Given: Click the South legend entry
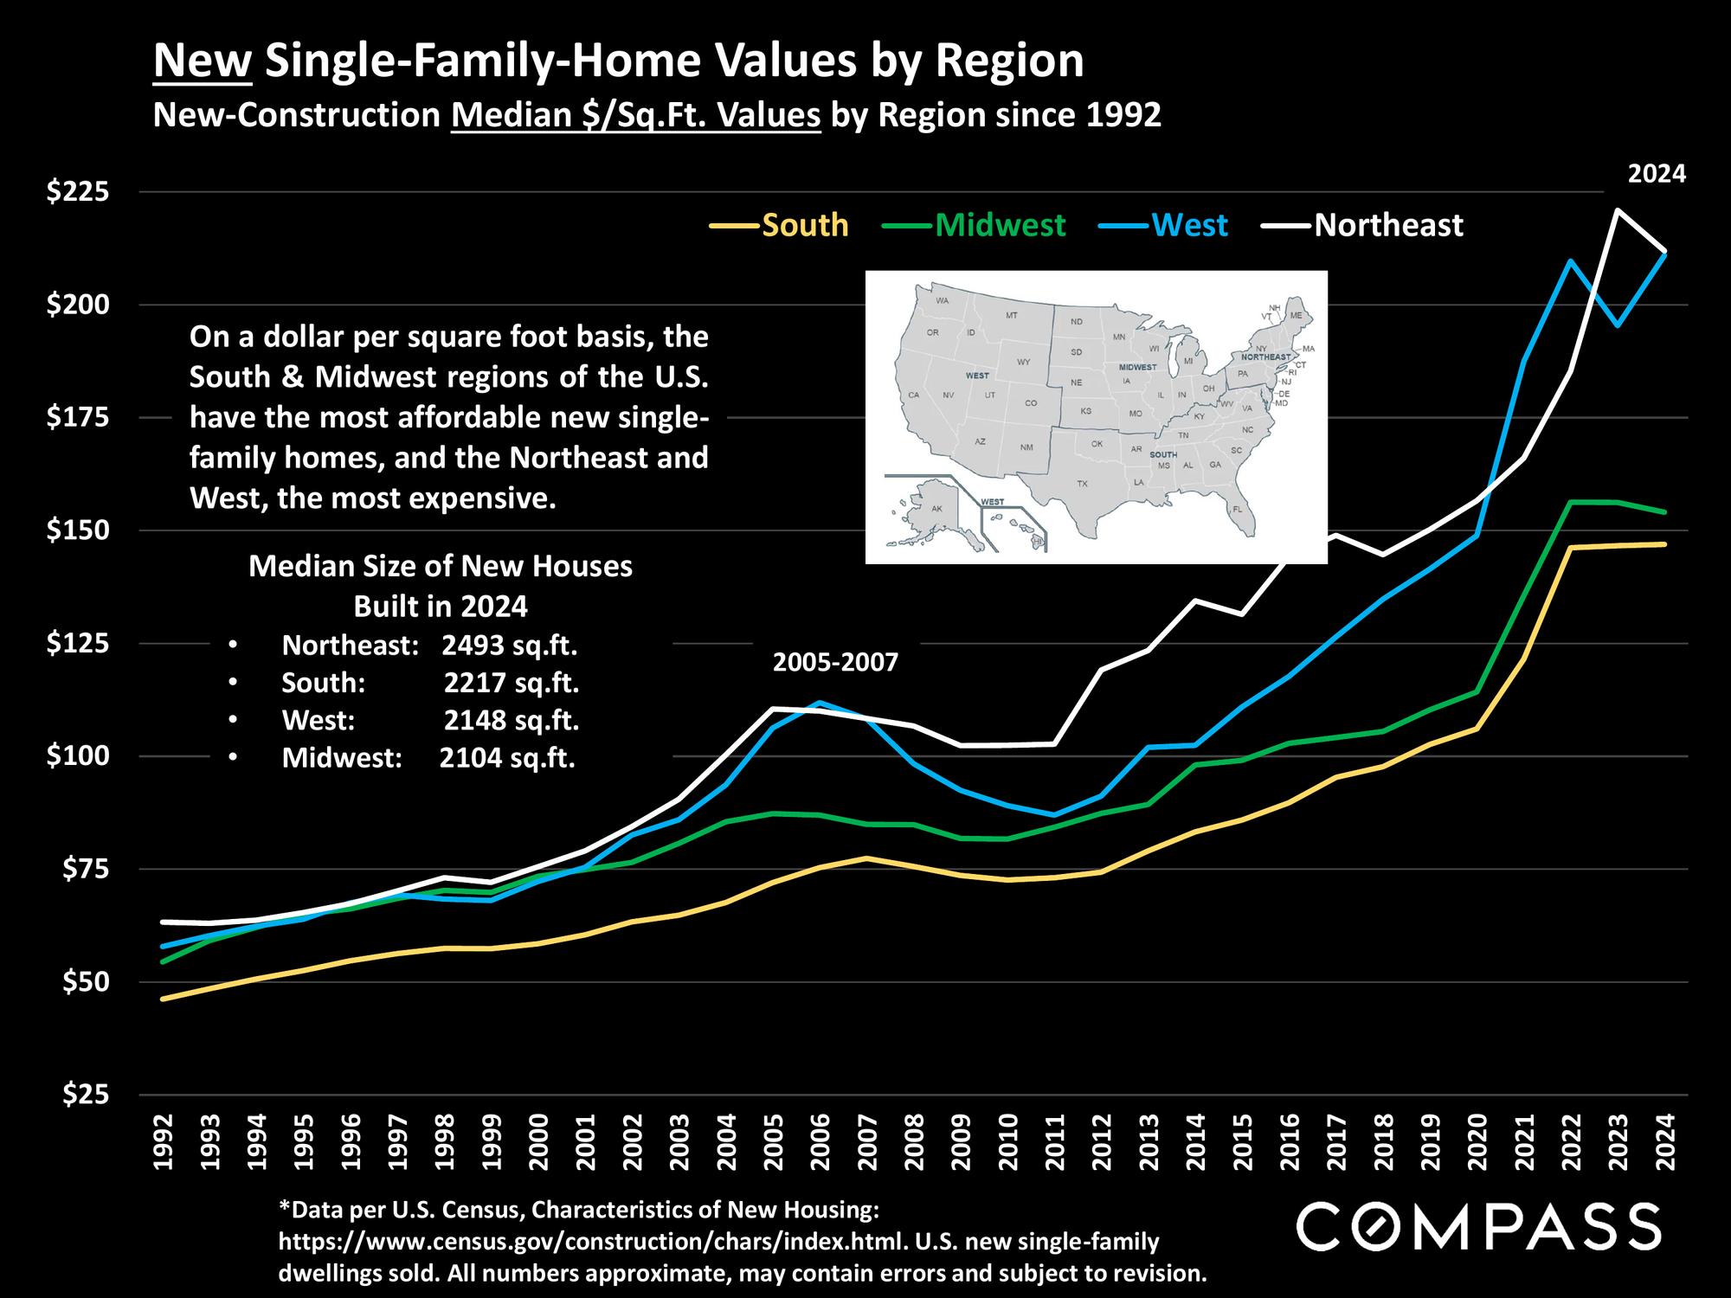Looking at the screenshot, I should [x=805, y=225].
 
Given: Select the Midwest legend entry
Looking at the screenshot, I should [x=1000, y=225].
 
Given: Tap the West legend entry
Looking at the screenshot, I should [x=1190, y=225].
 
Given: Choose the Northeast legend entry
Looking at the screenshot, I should [x=1388, y=225].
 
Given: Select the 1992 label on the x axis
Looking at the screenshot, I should [x=164, y=1142].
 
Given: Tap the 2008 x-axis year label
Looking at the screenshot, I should [x=914, y=1142].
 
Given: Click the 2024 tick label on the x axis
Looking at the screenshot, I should [x=1663, y=1142].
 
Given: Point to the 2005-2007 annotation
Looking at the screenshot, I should [x=835, y=664].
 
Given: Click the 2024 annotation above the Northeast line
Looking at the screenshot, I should [x=1657, y=174].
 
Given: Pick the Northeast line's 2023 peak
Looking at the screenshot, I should [x=1617, y=210].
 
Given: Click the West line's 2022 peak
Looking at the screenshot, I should [x=1569, y=260].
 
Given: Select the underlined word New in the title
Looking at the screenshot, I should [x=203, y=62].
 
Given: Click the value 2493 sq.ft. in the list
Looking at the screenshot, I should [x=509, y=646].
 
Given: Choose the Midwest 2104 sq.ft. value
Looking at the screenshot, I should [x=507, y=758].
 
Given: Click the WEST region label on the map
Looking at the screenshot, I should [x=976, y=376].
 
